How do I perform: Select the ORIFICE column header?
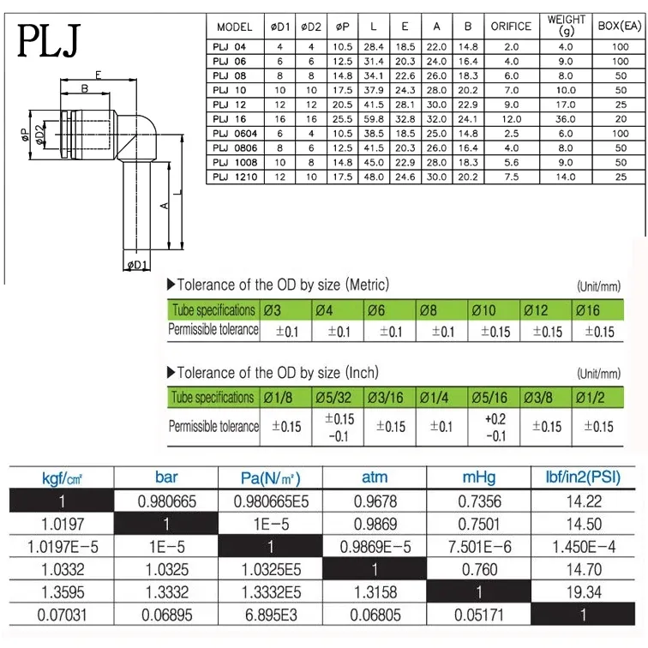511,27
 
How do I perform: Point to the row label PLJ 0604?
234,134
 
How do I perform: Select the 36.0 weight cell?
565,119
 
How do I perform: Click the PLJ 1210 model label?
234,177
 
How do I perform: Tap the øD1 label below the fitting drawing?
139,266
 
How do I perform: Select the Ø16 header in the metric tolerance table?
590,309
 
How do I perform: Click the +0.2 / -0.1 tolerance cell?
495,426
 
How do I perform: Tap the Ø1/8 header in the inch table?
285,397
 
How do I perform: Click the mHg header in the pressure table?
479,477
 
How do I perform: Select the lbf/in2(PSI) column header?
583,477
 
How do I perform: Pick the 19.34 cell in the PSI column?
583,591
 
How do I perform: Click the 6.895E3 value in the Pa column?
272,615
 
